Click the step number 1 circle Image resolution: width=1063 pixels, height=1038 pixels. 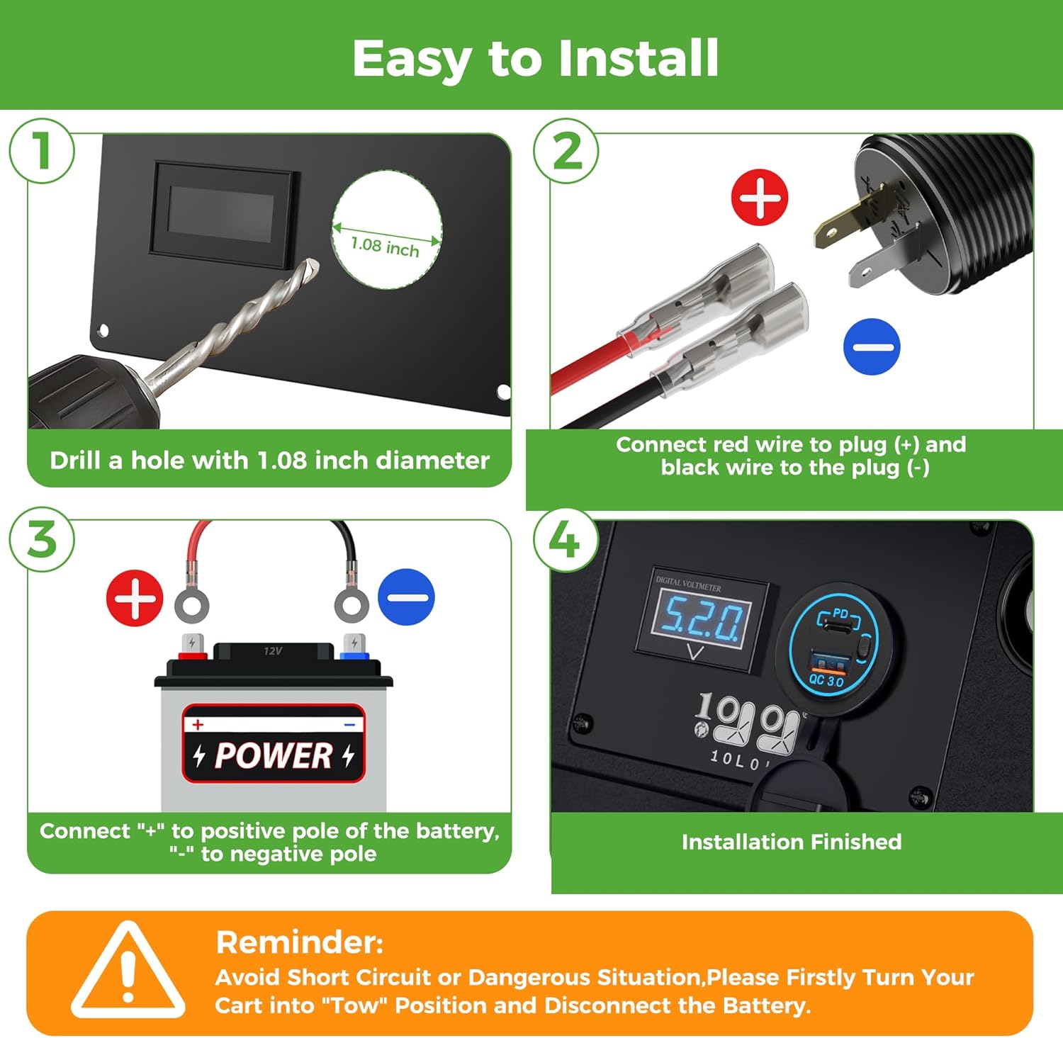tap(42, 151)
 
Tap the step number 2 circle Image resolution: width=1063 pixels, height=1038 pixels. tap(566, 151)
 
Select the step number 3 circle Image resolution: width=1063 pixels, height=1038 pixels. tap(42, 539)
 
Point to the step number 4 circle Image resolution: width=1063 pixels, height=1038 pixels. tap(566, 539)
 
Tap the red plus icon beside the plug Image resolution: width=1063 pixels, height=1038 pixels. tap(760, 197)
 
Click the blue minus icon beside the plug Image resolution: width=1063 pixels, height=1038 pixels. tap(872, 346)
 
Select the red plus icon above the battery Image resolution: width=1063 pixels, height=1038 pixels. tap(135, 597)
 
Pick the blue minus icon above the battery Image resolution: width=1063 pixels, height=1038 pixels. tap(406, 597)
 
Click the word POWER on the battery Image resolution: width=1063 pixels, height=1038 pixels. tap(274, 755)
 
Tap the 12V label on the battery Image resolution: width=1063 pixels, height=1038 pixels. tap(273, 651)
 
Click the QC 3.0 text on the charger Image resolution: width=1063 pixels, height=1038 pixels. tap(826, 680)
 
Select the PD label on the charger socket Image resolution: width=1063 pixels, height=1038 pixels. tap(840, 613)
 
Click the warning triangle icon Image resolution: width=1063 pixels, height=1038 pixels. tap(128, 969)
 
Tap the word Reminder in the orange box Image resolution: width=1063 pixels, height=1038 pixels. tap(299, 942)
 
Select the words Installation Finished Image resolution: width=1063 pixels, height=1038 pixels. tap(792, 842)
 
